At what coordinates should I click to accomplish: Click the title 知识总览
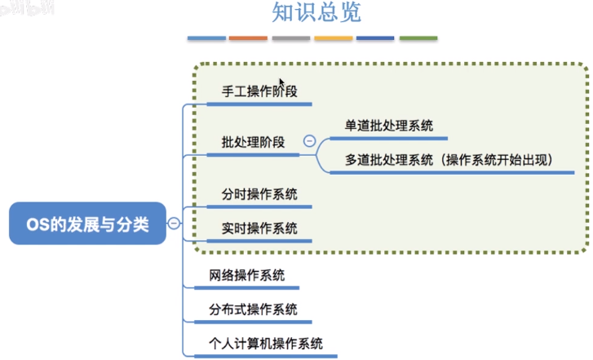click(316, 12)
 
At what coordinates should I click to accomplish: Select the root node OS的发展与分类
click(87, 224)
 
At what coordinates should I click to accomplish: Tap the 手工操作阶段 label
click(259, 91)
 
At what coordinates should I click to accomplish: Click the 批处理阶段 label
click(253, 142)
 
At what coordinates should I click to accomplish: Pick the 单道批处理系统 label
click(389, 126)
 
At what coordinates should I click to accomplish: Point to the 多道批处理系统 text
click(389, 160)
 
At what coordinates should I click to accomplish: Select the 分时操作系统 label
click(259, 194)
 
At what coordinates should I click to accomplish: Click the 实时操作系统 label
click(259, 229)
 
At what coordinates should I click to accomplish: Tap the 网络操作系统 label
click(246, 275)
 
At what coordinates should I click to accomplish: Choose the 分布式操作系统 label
click(253, 309)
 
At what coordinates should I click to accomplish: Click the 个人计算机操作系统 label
click(266, 344)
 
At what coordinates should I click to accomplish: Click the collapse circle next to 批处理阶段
click(309, 141)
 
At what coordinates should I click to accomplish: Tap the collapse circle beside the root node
click(174, 224)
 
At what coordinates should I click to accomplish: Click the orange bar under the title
click(248, 38)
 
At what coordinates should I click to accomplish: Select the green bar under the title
click(418, 38)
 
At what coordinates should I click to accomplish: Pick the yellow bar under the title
click(333, 38)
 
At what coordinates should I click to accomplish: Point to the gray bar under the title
click(291, 38)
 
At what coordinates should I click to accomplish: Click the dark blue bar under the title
click(375, 38)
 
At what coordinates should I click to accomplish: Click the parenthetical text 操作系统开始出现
click(497, 160)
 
